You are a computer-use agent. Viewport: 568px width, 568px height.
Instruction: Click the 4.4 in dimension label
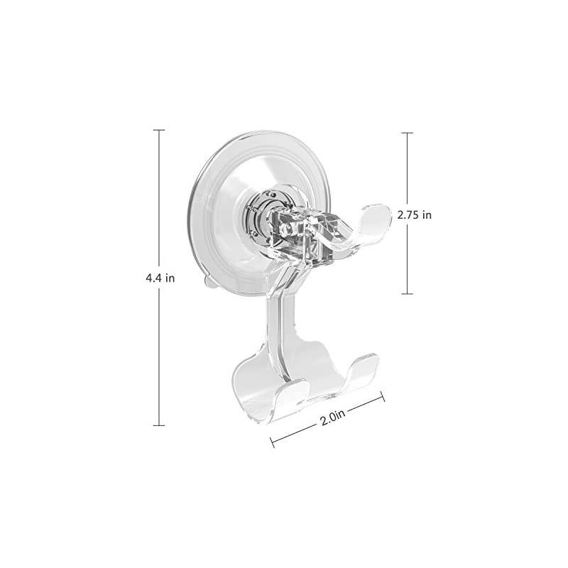click(x=160, y=278)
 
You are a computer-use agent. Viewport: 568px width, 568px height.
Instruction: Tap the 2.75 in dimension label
click(x=415, y=215)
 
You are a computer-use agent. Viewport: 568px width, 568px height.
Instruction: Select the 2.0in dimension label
click(x=332, y=418)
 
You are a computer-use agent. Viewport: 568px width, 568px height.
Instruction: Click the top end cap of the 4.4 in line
click(x=158, y=130)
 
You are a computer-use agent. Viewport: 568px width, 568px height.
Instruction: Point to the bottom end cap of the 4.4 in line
click(x=158, y=425)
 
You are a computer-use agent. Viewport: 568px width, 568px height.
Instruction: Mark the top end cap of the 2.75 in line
click(x=407, y=133)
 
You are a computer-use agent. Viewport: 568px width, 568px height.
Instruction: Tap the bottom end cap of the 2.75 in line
click(x=407, y=293)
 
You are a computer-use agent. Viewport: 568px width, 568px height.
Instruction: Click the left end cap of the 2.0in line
click(x=273, y=442)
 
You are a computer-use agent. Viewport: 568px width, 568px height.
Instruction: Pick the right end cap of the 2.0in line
click(x=383, y=396)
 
